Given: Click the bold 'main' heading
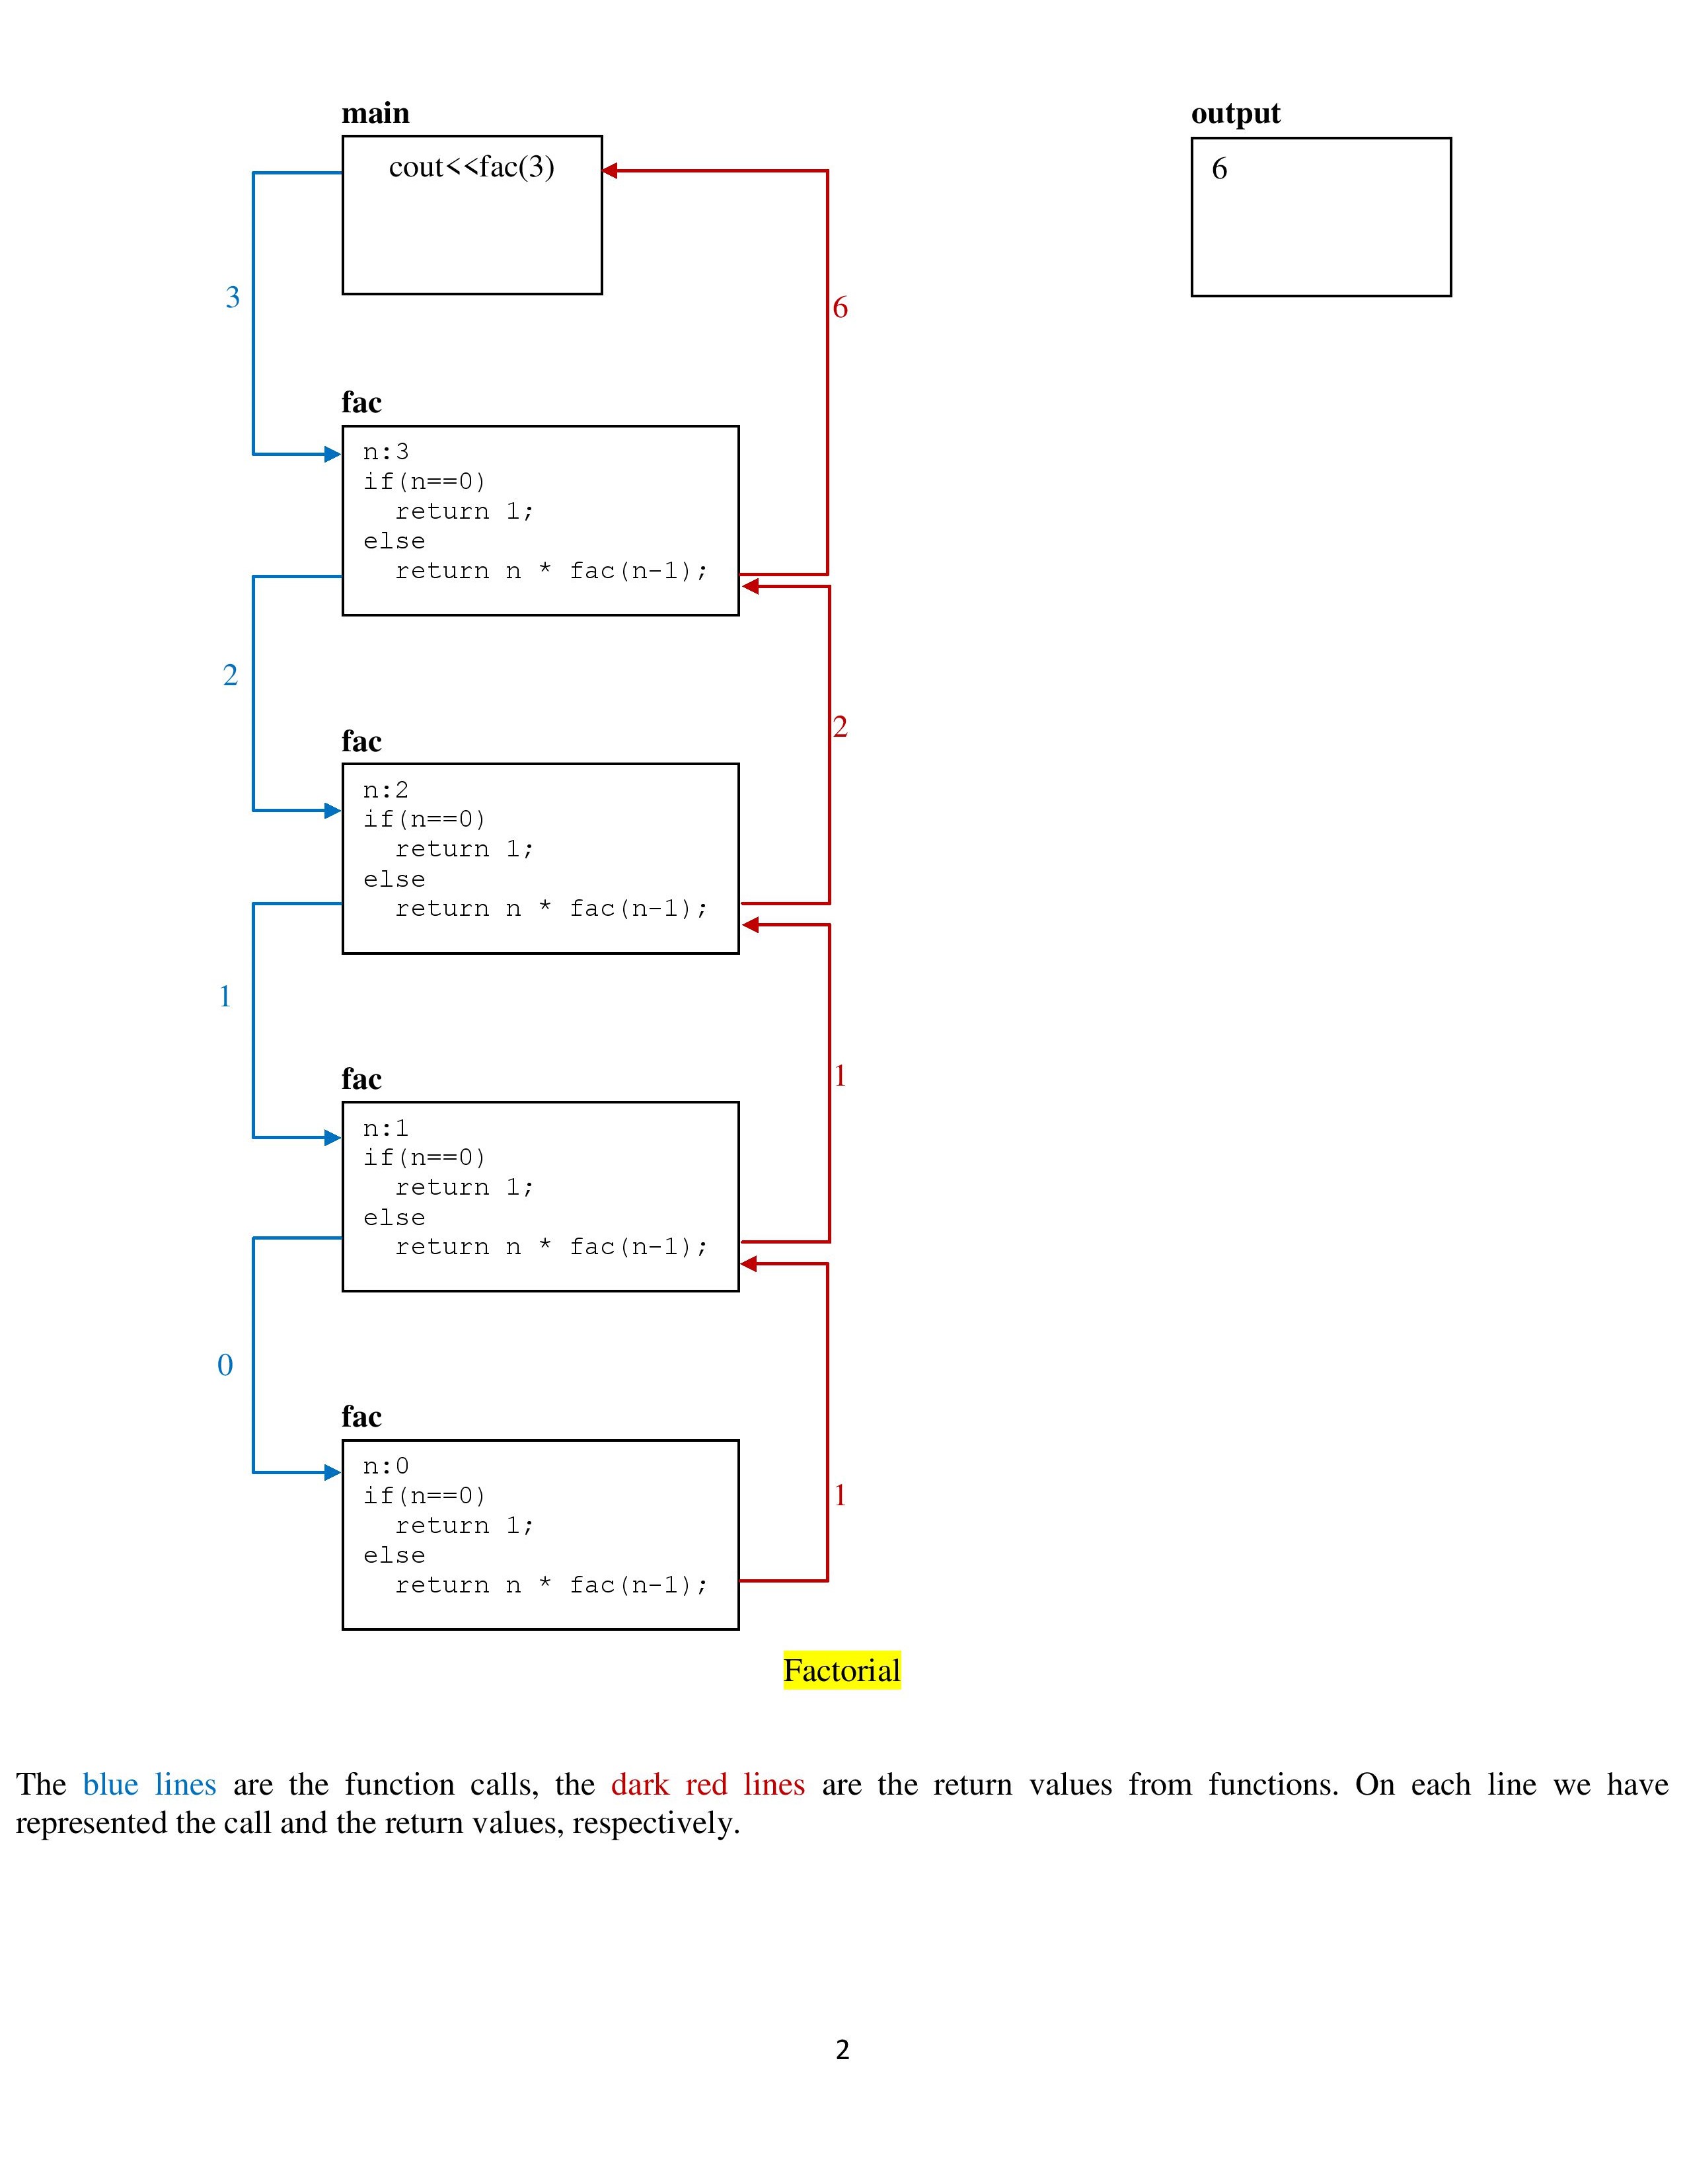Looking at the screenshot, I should (375, 113).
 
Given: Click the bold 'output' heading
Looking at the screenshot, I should (1235, 113).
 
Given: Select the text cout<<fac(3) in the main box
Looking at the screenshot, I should (471, 167).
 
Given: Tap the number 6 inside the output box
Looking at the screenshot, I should (1219, 168).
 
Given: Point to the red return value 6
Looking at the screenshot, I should (840, 307).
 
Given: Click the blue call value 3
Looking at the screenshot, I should (232, 297).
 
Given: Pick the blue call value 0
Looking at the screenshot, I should (225, 1364).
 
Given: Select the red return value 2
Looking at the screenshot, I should (840, 727).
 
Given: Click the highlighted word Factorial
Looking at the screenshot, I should (841, 1670).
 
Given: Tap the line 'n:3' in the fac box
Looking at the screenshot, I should (386, 452).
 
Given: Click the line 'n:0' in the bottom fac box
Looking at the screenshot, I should (386, 1466).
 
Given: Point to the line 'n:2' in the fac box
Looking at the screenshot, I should (386, 790).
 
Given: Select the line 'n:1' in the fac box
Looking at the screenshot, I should (386, 1129).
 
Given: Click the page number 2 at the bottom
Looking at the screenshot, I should (842, 2049).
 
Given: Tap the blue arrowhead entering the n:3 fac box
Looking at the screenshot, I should (332, 454).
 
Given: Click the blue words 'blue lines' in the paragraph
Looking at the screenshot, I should (149, 1784).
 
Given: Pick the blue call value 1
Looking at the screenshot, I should (225, 996).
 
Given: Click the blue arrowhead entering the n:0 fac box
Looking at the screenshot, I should (332, 1472).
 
